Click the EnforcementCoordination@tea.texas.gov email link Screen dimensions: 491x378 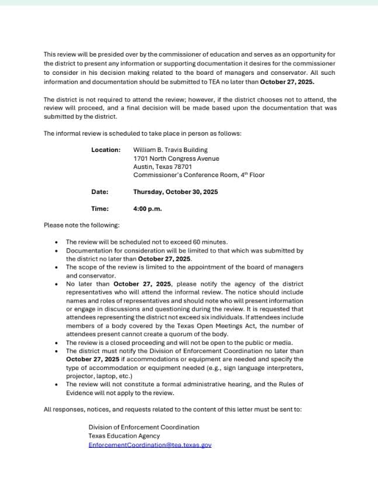pos(150,445)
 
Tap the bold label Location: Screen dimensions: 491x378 pos(106,150)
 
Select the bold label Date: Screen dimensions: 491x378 pos(99,191)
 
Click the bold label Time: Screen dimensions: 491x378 pos(100,208)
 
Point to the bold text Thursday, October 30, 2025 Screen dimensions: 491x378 pos(175,191)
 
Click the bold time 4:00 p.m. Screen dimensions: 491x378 pos(147,208)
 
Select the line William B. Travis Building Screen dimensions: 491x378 pos(170,150)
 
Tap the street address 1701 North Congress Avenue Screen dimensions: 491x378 pos(176,158)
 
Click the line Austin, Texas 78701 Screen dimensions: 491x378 pos(162,167)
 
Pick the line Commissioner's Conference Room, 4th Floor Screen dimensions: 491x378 pos(199,175)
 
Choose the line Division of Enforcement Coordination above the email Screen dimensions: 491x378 pos(144,427)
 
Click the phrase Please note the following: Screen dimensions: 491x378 pos(82,225)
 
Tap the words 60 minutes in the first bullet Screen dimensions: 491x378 pos(210,242)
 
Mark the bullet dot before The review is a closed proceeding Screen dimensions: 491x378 pos(56,343)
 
